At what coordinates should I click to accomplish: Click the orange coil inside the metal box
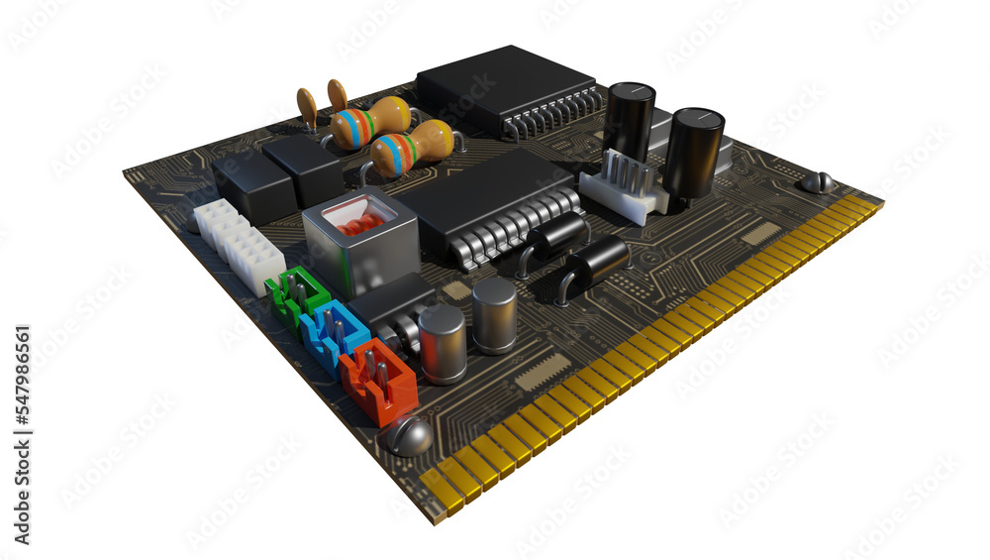click(361, 221)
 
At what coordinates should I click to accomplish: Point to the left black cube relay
click(253, 186)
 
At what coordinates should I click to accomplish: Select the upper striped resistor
click(369, 124)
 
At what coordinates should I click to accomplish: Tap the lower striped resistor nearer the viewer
click(412, 149)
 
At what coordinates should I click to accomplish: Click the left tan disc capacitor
click(307, 106)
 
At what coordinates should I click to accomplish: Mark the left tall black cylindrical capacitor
click(628, 122)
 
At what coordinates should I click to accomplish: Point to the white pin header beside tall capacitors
click(622, 187)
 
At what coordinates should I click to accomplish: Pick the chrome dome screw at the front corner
click(409, 435)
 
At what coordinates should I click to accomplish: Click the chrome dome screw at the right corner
click(817, 182)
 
